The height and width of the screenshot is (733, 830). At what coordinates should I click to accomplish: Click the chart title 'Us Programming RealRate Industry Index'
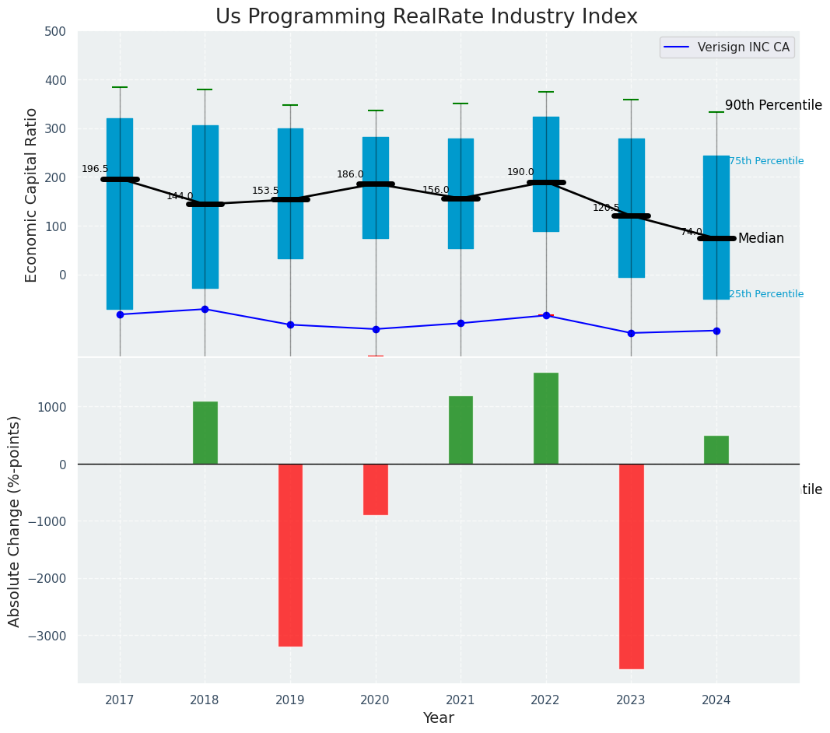[426, 17]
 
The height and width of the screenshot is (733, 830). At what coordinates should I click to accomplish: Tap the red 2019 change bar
[290, 555]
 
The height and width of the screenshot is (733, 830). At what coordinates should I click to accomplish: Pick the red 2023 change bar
[631, 566]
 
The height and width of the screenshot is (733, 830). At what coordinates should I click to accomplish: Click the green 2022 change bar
[546, 419]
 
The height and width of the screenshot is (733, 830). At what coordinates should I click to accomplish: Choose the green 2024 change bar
[716, 450]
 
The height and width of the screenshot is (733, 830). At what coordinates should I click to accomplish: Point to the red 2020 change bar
[376, 489]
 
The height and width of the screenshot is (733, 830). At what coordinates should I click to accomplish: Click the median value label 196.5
[95, 169]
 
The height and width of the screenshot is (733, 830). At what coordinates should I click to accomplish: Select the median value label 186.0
[350, 174]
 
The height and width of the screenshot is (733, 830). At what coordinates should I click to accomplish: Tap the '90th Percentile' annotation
[773, 105]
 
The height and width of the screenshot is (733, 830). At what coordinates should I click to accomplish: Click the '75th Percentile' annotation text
[766, 161]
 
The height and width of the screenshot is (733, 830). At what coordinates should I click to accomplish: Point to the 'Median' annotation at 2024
[761, 238]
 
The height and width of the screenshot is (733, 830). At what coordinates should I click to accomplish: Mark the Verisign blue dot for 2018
[205, 309]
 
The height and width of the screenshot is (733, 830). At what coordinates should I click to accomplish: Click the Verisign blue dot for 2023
[631, 333]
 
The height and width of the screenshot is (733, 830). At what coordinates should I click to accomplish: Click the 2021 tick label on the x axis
[461, 700]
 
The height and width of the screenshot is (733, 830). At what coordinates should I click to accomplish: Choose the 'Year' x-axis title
[439, 718]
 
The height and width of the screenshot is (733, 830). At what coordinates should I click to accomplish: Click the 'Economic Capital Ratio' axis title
[32, 195]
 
